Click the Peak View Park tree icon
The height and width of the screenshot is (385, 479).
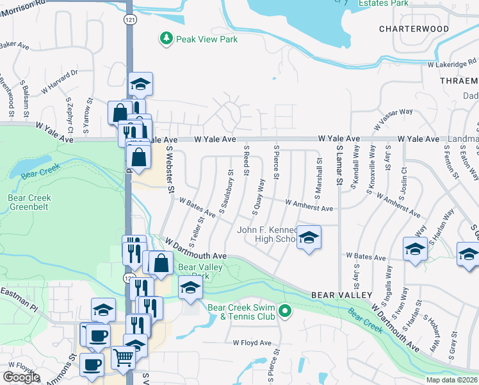[166, 39]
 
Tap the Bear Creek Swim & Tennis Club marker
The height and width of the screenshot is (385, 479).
[287, 312]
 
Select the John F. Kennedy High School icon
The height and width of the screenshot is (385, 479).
[309, 239]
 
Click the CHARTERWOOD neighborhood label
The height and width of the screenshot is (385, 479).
[422, 29]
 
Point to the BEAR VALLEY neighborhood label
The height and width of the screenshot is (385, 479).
[342, 295]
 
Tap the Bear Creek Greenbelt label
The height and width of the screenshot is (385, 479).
[29, 203]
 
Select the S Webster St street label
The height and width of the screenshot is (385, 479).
[170, 168]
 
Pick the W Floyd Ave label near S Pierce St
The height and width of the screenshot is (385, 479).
[252, 343]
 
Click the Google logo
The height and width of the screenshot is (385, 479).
[21, 377]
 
